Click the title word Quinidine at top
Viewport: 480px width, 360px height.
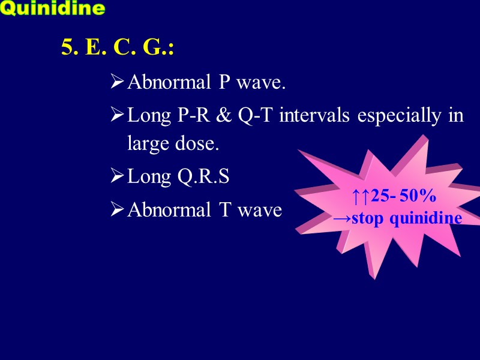pyautogui.click(x=53, y=8)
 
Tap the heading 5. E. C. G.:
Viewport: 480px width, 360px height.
pyautogui.click(x=118, y=47)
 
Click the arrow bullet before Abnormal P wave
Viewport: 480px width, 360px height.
pyautogui.click(x=118, y=82)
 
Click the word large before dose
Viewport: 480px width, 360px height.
pyautogui.click(x=146, y=145)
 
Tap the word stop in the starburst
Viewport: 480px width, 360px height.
pyautogui.click(x=368, y=218)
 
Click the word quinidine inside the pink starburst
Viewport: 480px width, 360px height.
pyautogui.click(x=426, y=218)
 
